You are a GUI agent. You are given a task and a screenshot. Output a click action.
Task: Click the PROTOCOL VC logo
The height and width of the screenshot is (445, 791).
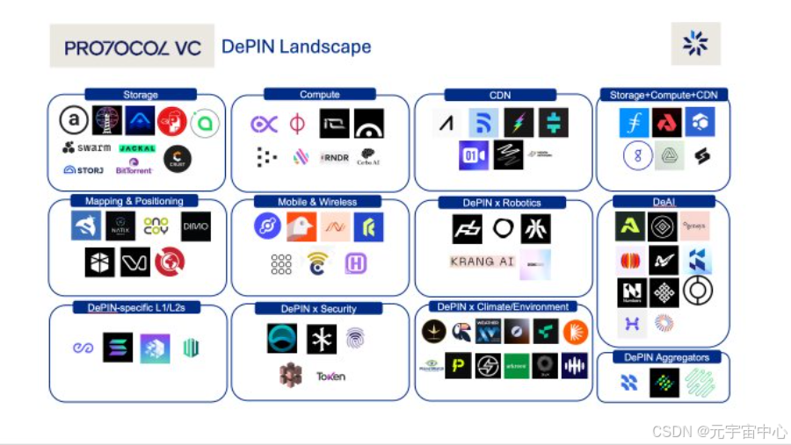(133, 47)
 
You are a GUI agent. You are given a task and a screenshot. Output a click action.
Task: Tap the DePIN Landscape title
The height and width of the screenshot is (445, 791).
(296, 47)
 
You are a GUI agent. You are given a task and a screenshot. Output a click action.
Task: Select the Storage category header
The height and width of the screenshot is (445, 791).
(141, 95)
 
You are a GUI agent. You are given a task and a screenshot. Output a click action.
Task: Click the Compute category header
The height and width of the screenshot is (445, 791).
(320, 94)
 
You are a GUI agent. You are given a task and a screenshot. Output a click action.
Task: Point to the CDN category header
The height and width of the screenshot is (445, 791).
(500, 95)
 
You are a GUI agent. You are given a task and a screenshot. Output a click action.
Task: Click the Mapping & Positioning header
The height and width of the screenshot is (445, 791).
(134, 201)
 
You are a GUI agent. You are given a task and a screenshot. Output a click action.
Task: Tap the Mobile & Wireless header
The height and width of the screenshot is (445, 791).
(317, 202)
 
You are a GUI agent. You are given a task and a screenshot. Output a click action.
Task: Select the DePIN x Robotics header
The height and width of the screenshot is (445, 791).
(502, 203)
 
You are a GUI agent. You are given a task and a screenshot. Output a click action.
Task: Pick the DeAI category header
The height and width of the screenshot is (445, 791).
(664, 202)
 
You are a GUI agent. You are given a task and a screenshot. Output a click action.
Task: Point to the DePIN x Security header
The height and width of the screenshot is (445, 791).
(318, 308)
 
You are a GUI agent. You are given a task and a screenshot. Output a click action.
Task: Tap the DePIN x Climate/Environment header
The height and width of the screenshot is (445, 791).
(502, 306)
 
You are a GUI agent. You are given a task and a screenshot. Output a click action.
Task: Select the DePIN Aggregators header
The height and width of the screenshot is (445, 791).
(666, 357)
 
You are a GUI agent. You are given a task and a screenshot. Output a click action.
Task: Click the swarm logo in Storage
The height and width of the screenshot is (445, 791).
(87, 147)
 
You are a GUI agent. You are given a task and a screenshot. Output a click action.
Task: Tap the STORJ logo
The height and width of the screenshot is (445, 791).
(83, 169)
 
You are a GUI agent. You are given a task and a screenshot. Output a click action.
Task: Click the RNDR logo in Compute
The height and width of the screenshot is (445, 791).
(334, 157)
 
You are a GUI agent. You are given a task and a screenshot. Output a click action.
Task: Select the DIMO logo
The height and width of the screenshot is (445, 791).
(195, 226)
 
